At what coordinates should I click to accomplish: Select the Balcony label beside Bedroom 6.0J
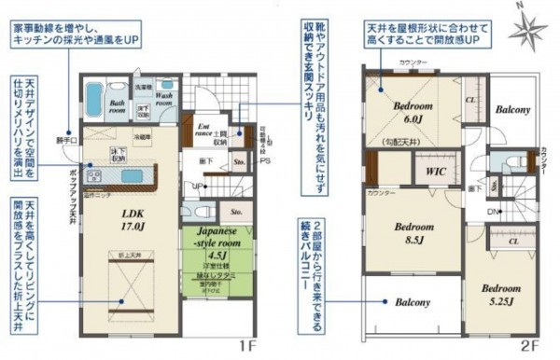click(x=512, y=109)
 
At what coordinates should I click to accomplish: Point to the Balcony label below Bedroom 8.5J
click(x=412, y=303)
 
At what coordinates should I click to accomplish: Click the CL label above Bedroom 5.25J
click(x=515, y=241)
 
